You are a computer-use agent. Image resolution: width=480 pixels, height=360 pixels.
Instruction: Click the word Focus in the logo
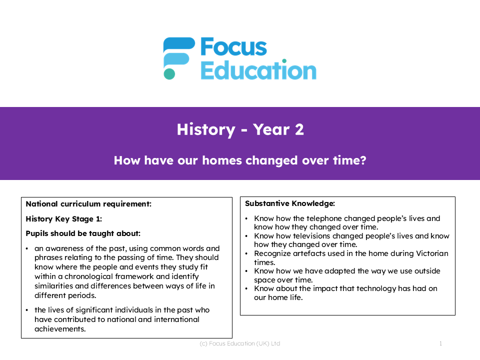[x=233, y=47]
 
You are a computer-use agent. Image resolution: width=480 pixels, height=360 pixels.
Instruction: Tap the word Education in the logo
[x=258, y=70]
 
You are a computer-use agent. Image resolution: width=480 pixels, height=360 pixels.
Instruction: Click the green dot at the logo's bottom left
[x=169, y=74]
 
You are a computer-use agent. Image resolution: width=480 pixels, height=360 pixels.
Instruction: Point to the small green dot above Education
[x=284, y=61]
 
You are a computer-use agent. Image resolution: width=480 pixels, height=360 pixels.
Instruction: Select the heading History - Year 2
[x=240, y=129]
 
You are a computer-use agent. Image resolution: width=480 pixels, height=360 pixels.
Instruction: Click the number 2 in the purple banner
[x=299, y=129]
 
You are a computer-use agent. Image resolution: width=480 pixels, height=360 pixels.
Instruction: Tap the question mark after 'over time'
[x=363, y=160]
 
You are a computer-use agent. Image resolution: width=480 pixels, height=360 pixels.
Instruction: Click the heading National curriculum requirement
[x=88, y=204]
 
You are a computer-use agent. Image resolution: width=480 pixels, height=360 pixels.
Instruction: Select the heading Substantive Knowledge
[x=290, y=203]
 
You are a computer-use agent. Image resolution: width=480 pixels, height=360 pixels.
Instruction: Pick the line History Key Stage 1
[x=63, y=219]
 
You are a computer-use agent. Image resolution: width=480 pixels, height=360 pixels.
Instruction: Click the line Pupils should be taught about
[x=83, y=233]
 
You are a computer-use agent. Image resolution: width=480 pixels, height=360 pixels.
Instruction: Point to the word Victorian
[x=431, y=253]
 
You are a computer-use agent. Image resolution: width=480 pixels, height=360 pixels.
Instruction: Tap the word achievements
[x=60, y=329]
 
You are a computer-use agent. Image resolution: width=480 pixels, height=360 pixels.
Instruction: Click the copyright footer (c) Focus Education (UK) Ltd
[x=240, y=344]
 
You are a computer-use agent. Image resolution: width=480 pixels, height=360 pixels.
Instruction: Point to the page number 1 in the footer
[x=440, y=344]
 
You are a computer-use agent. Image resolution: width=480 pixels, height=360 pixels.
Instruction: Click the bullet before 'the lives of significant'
[x=27, y=310]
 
